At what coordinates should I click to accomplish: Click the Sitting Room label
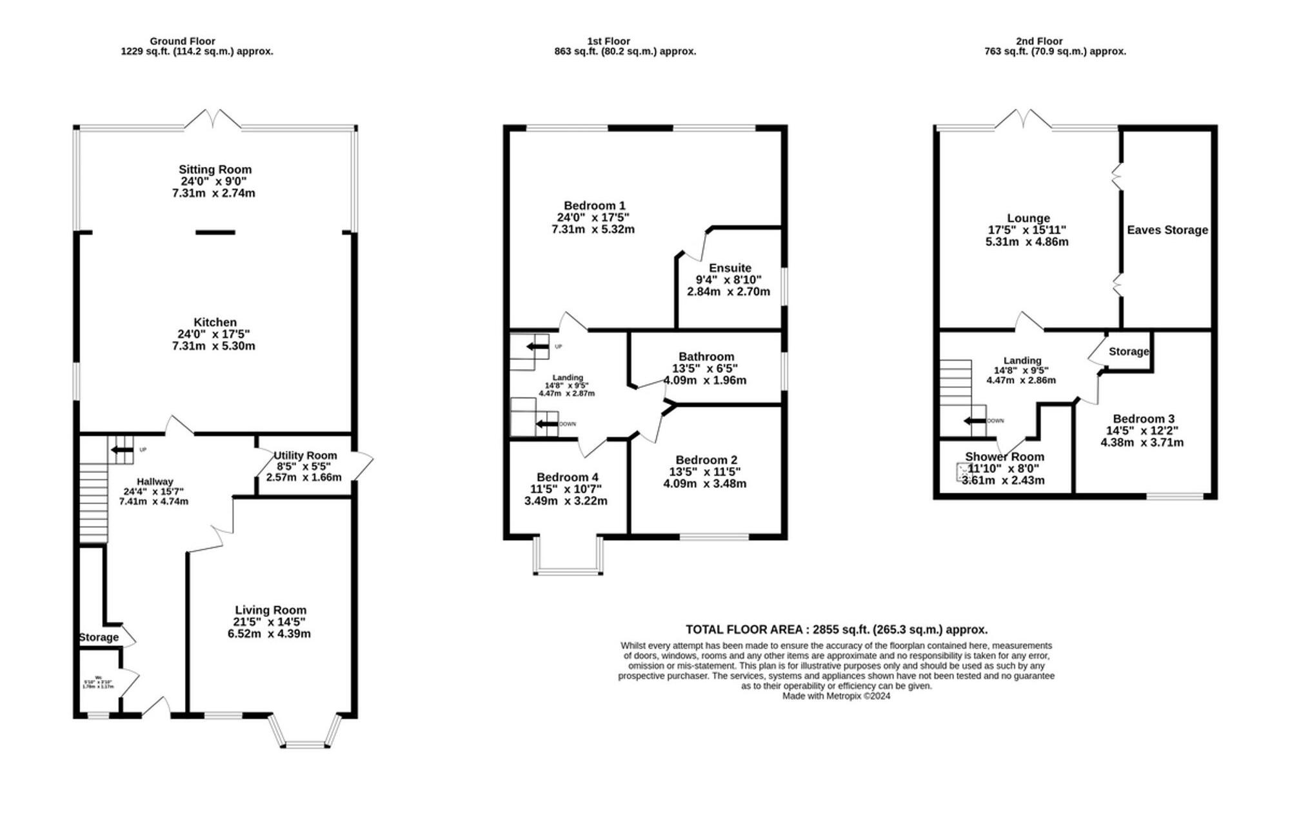[x=215, y=170]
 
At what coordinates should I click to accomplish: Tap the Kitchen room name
[x=215, y=323]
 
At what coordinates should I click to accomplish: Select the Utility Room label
[x=305, y=456]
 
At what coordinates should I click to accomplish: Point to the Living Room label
[x=270, y=610]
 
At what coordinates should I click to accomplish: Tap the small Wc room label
[x=98, y=677]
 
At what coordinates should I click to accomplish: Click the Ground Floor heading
[x=183, y=41]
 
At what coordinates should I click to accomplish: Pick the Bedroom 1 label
[x=594, y=206]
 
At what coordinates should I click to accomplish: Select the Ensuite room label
[x=729, y=268]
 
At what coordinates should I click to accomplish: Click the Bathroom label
[x=706, y=357]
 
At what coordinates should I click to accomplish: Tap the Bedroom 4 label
[x=567, y=477]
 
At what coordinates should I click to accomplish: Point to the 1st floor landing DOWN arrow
[x=547, y=424]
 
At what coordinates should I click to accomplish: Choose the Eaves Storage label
[x=1167, y=230]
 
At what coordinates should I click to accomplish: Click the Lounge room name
[x=1028, y=219]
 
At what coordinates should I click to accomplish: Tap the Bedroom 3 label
[x=1143, y=419]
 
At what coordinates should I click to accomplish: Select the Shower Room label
[x=1004, y=457]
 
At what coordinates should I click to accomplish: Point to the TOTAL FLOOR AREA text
[x=836, y=629]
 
